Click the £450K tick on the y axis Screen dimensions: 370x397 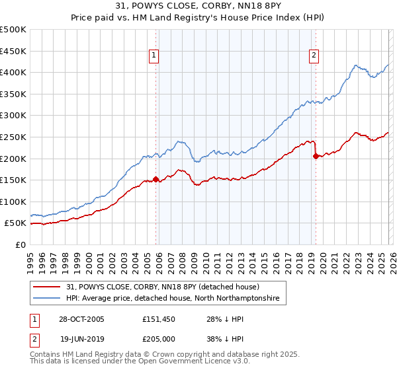pyautogui.click(x=13, y=51)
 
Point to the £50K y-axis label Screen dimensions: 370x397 pyautogui.click(x=15, y=223)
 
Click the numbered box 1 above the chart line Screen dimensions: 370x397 pyautogui.click(x=154, y=56)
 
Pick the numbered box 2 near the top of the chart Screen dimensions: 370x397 pyautogui.click(x=313, y=56)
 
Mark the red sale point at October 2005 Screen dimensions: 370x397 pyautogui.click(x=156, y=179)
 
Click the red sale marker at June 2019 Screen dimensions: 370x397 pyautogui.click(x=316, y=156)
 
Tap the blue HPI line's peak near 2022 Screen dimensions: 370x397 pyautogui.click(x=356, y=65)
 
